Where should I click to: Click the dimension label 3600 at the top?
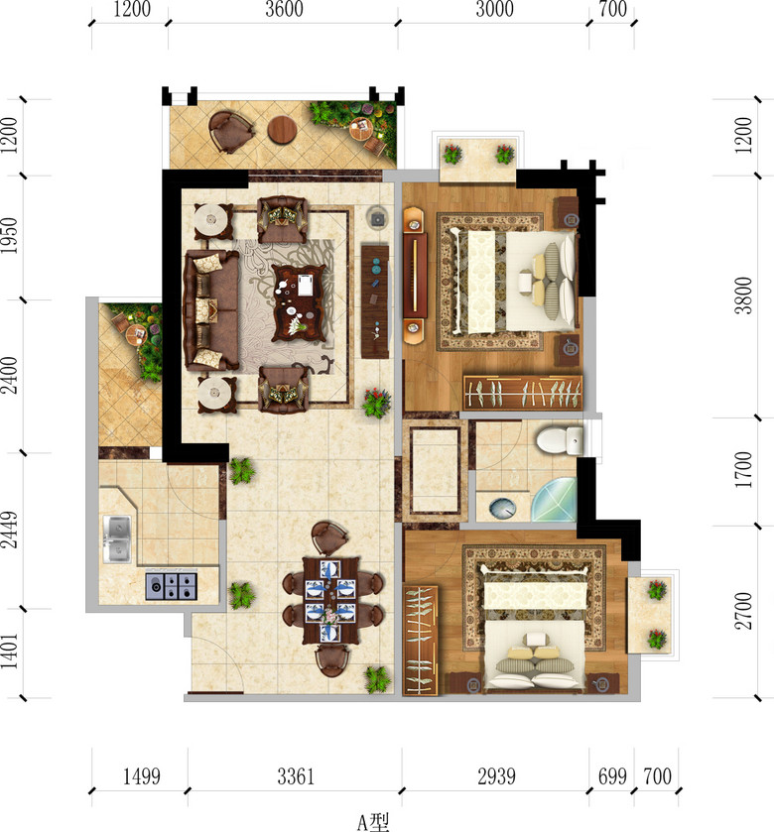pyautogui.click(x=284, y=10)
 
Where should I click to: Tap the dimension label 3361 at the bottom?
pyautogui.click(x=296, y=776)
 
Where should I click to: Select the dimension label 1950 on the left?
pyautogui.click(x=10, y=235)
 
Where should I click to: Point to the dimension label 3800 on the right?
pyautogui.click(x=743, y=296)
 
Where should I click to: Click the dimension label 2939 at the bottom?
pyautogui.click(x=496, y=776)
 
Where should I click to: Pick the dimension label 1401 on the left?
pyautogui.click(x=10, y=650)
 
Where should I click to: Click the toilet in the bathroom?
pyautogui.click(x=560, y=440)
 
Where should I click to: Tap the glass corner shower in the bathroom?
pyautogui.click(x=555, y=500)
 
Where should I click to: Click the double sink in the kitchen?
pyautogui.click(x=117, y=538)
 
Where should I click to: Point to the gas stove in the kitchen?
pyautogui.click(x=172, y=586)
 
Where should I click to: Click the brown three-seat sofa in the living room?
pyautogui.click(x=210, y=310)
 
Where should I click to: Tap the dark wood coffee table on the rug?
pyautogui.click(x=299, y=302)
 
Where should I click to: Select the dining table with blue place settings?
pyautogui.click(x=330, y=600)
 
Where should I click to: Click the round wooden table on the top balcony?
pyautogui.click(x=282, y=130)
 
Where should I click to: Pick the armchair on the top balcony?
pyautogui.click(x=230, y=131)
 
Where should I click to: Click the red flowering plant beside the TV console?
pyautogui.click(x=376, y=403)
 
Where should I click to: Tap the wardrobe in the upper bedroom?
pyautogui.click(x=522, y=392)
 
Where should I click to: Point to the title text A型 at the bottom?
pyautogui.click(x=373, y=822)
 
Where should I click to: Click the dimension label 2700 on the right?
pyautogui.click(x=743, y=611)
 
